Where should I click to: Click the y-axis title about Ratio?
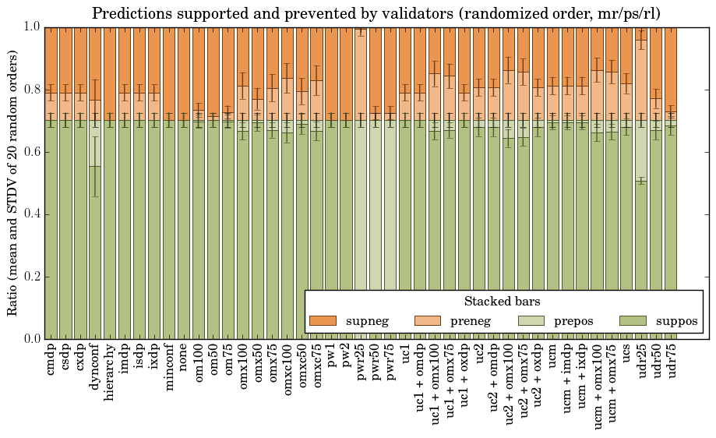[13, 182]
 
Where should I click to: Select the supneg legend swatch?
[323, 321]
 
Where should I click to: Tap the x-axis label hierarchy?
[110, 369]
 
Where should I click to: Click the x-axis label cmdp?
[51, 359]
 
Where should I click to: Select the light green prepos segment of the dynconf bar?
[95, 143]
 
